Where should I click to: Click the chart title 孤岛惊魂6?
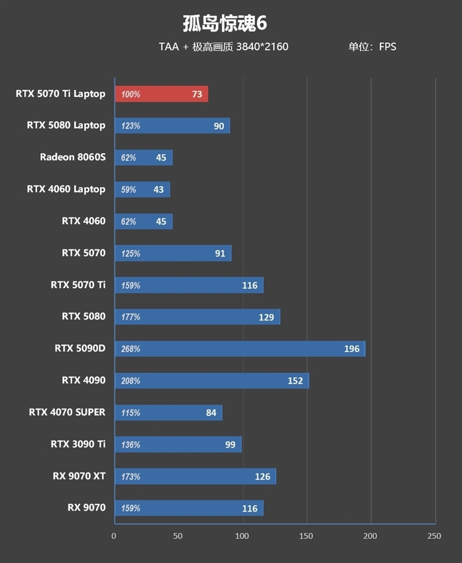click(225, 24)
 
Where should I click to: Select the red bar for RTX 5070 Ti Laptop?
click(162, 94)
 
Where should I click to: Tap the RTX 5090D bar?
click(240, 349)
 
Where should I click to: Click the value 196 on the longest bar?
click(352, 349)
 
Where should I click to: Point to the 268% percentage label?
click(131, 349)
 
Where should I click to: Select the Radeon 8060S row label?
click(73, 157)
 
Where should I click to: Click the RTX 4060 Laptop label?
click(66, 189)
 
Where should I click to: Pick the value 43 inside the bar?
click(158, 189)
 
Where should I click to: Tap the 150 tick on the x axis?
click(306, 536)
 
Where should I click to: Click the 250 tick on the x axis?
click(434, 536)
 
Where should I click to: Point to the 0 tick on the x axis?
click(114, 536)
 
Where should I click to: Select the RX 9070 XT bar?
click(195, 476)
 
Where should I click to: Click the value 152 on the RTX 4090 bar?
click(295, 381)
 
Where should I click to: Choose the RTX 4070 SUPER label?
click(67, 412)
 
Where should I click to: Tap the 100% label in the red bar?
click(131, 94)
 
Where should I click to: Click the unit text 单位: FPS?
click(372, 47)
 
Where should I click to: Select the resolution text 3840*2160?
click(262, 47)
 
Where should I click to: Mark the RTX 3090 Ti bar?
click(178, 445)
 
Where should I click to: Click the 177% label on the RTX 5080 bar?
click(131, 317)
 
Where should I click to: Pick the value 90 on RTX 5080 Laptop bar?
click(219, 126)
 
